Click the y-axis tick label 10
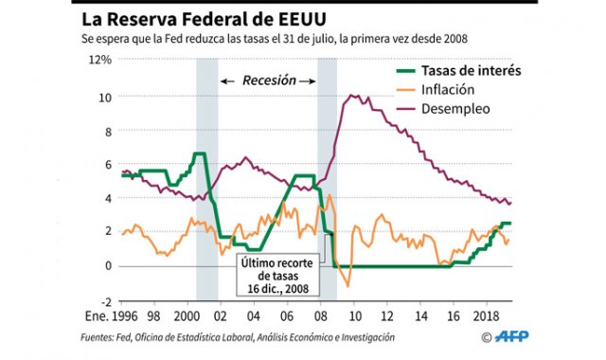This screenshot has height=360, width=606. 105,96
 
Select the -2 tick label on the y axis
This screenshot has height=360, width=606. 105,301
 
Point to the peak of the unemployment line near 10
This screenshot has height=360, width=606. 353,95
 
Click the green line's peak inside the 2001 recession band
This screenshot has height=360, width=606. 200,153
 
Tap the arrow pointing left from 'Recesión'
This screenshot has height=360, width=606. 227,81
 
